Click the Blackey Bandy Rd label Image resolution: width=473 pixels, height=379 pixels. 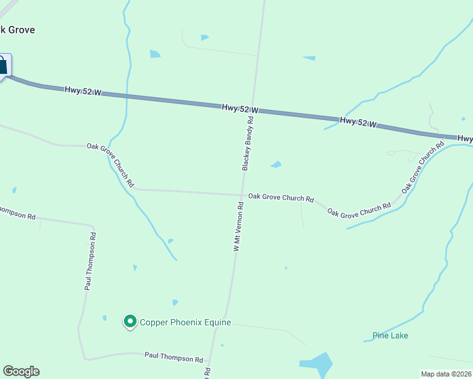click(247, 144)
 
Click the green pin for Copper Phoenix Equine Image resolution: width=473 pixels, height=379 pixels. click(130, 322)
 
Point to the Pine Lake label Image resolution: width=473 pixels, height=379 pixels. click(390, 335)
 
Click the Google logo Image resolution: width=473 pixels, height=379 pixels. click(21, 371)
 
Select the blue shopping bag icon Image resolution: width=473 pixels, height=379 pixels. click(2, 65)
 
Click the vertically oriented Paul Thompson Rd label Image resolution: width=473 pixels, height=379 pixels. click(90, 262)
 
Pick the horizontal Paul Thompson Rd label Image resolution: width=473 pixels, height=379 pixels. click(174, 358)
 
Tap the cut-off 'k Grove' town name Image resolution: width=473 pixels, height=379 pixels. click(17, 30)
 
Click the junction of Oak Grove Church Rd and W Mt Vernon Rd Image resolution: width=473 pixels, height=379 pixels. click(242, 195)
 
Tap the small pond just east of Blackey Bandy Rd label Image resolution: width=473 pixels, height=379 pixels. click(276, 165)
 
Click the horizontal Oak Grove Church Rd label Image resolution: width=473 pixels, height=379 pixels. click(281, 198)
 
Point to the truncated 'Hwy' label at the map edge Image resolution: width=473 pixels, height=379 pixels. click(465, 138)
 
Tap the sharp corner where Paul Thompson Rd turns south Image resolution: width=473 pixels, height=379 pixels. click(94, 225)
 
